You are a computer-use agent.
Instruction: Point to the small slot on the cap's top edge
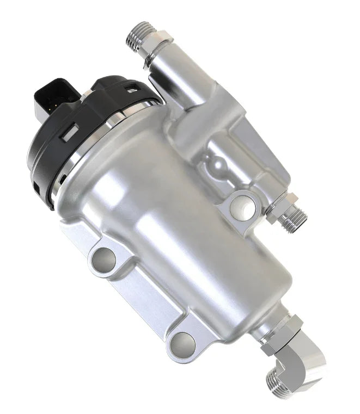coord(132,85)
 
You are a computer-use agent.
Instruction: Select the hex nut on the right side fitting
coord(281,206)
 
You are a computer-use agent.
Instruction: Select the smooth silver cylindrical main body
coord(180,228)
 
